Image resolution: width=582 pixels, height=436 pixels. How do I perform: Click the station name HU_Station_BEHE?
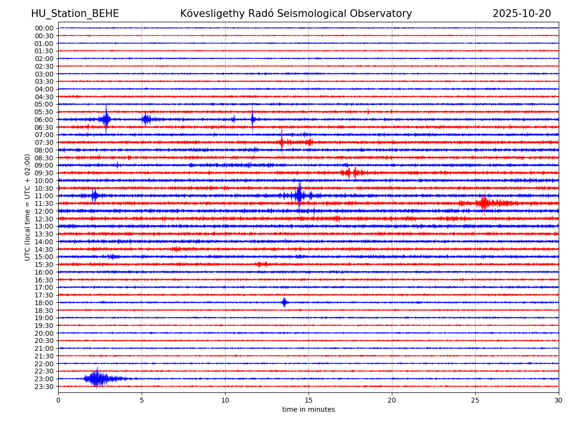(x=75, y=14)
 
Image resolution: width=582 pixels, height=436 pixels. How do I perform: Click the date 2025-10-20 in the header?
(x=521, y=14)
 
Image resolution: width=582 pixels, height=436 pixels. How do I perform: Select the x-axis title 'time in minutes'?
(x=308, y=409)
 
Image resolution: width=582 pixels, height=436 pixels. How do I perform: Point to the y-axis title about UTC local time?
(x=28, y=207)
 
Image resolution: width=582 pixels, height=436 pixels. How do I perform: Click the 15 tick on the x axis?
(x=308, y=401)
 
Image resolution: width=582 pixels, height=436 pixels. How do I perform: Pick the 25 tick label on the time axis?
(x=475, y=401)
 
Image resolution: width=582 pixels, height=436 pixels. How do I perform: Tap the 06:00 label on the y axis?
(x=44, y=120)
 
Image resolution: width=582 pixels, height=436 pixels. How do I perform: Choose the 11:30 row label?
(x=44, y=203)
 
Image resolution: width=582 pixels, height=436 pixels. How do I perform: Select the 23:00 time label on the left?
(x=44, y=379)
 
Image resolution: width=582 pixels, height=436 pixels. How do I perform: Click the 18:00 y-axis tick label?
(x=44, y=303)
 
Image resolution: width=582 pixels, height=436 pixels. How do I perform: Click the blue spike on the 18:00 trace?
(x=284, y=302)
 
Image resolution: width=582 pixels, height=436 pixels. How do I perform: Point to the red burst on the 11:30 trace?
(x=484, y=203)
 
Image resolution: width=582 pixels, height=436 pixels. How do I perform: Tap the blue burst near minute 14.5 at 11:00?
(x=299, y=195)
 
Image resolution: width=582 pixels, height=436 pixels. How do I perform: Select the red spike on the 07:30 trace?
(x=281, y=142)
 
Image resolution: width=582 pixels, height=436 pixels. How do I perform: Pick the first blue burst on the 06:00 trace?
(x=105, y=119)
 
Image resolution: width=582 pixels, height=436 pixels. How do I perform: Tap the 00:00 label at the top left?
(x=44, y=28)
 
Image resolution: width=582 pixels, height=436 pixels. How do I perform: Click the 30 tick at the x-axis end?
(x=559, y=401)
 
